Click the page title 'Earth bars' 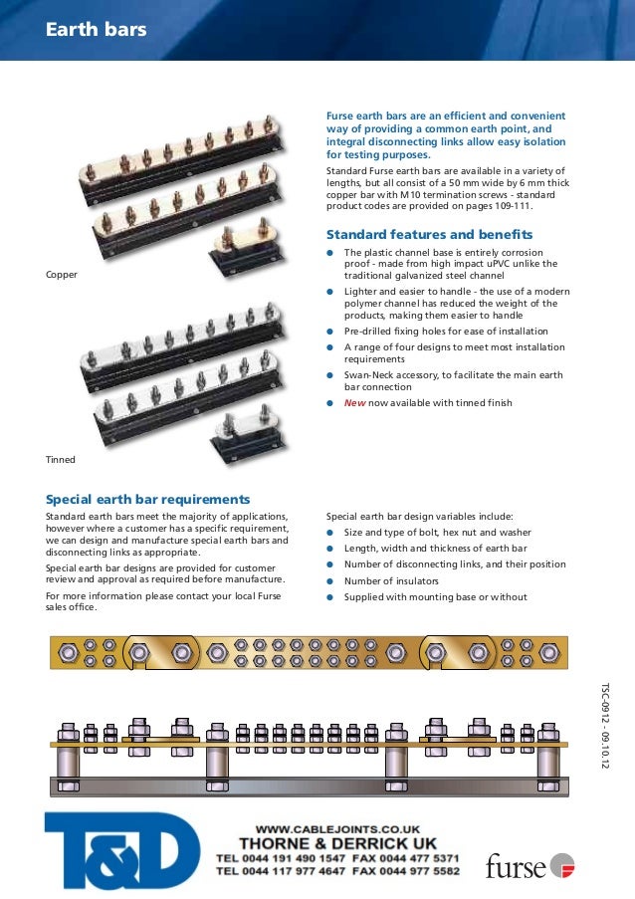click(x=97, y=30)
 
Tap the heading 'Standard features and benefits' click(x=429, y=235)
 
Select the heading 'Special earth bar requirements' click(x=148, y=499)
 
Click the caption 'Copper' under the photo click(x=62, y=273)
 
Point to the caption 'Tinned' click(x=61, y=460)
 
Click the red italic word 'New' click(x=354, y=402)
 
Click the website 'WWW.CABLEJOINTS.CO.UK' click(x=338, y=828)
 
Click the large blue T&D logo click(x=114, y=851)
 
